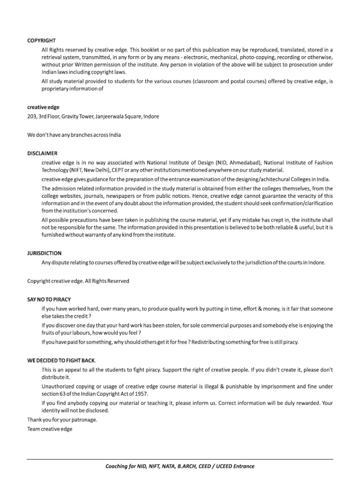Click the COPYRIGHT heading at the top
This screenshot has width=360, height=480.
41,41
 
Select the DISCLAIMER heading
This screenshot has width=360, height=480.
42,153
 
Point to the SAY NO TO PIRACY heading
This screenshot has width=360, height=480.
49,299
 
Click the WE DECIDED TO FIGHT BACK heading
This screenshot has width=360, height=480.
61,360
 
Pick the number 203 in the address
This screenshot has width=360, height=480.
32,116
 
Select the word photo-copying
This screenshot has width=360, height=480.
256,58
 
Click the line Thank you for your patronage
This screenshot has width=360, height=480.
62,420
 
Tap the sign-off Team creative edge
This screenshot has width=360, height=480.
50,429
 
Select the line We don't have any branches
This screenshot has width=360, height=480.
74,135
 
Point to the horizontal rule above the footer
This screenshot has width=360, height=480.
180,459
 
